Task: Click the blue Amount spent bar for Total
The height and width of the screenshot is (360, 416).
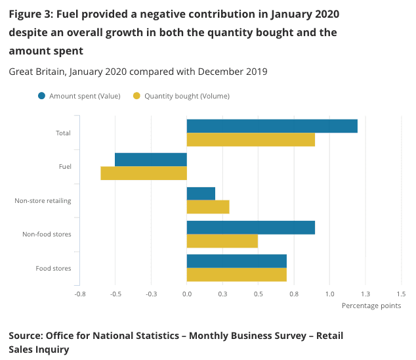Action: pos(272,126)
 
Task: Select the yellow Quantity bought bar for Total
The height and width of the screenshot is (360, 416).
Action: pos(251,140)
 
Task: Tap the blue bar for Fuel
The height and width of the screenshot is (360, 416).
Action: pos(151,160)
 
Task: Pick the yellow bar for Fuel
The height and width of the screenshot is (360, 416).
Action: pos(144,173)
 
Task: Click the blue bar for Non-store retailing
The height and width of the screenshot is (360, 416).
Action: pos(201,194)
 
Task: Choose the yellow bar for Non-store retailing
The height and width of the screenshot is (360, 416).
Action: pos(208,207)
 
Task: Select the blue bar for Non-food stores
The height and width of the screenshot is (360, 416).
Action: pos(251,227)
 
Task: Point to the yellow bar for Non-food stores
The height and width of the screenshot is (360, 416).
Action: pos(222,241)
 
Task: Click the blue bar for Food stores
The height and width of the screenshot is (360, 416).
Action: pos(237,261)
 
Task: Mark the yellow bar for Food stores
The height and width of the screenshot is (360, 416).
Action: pos(237,275)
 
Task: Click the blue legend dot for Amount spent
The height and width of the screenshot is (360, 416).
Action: pos(42,96)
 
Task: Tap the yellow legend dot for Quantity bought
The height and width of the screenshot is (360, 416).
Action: pos(136,96)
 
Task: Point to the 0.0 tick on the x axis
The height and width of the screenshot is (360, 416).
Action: pos(187,294)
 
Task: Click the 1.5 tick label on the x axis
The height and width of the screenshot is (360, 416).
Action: pos(401,294)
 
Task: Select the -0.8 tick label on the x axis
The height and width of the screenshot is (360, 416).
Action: pos(79,294)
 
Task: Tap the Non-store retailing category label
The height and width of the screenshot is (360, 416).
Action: pos(43,200)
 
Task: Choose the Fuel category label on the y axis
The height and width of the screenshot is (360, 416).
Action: pos(64,167)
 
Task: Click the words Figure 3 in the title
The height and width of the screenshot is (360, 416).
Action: pos(31,14)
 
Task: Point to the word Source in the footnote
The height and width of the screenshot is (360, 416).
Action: pos(26,336)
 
